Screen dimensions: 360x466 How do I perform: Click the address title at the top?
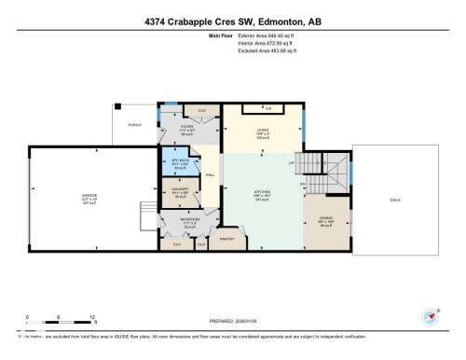tap(233, 21)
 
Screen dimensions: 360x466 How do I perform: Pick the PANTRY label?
tap(226, 240)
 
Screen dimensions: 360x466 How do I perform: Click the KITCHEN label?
tap(263, 196)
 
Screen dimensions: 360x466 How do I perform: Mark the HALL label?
tap(210, 174)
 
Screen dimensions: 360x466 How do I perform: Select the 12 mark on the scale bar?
tap(91, 317)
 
